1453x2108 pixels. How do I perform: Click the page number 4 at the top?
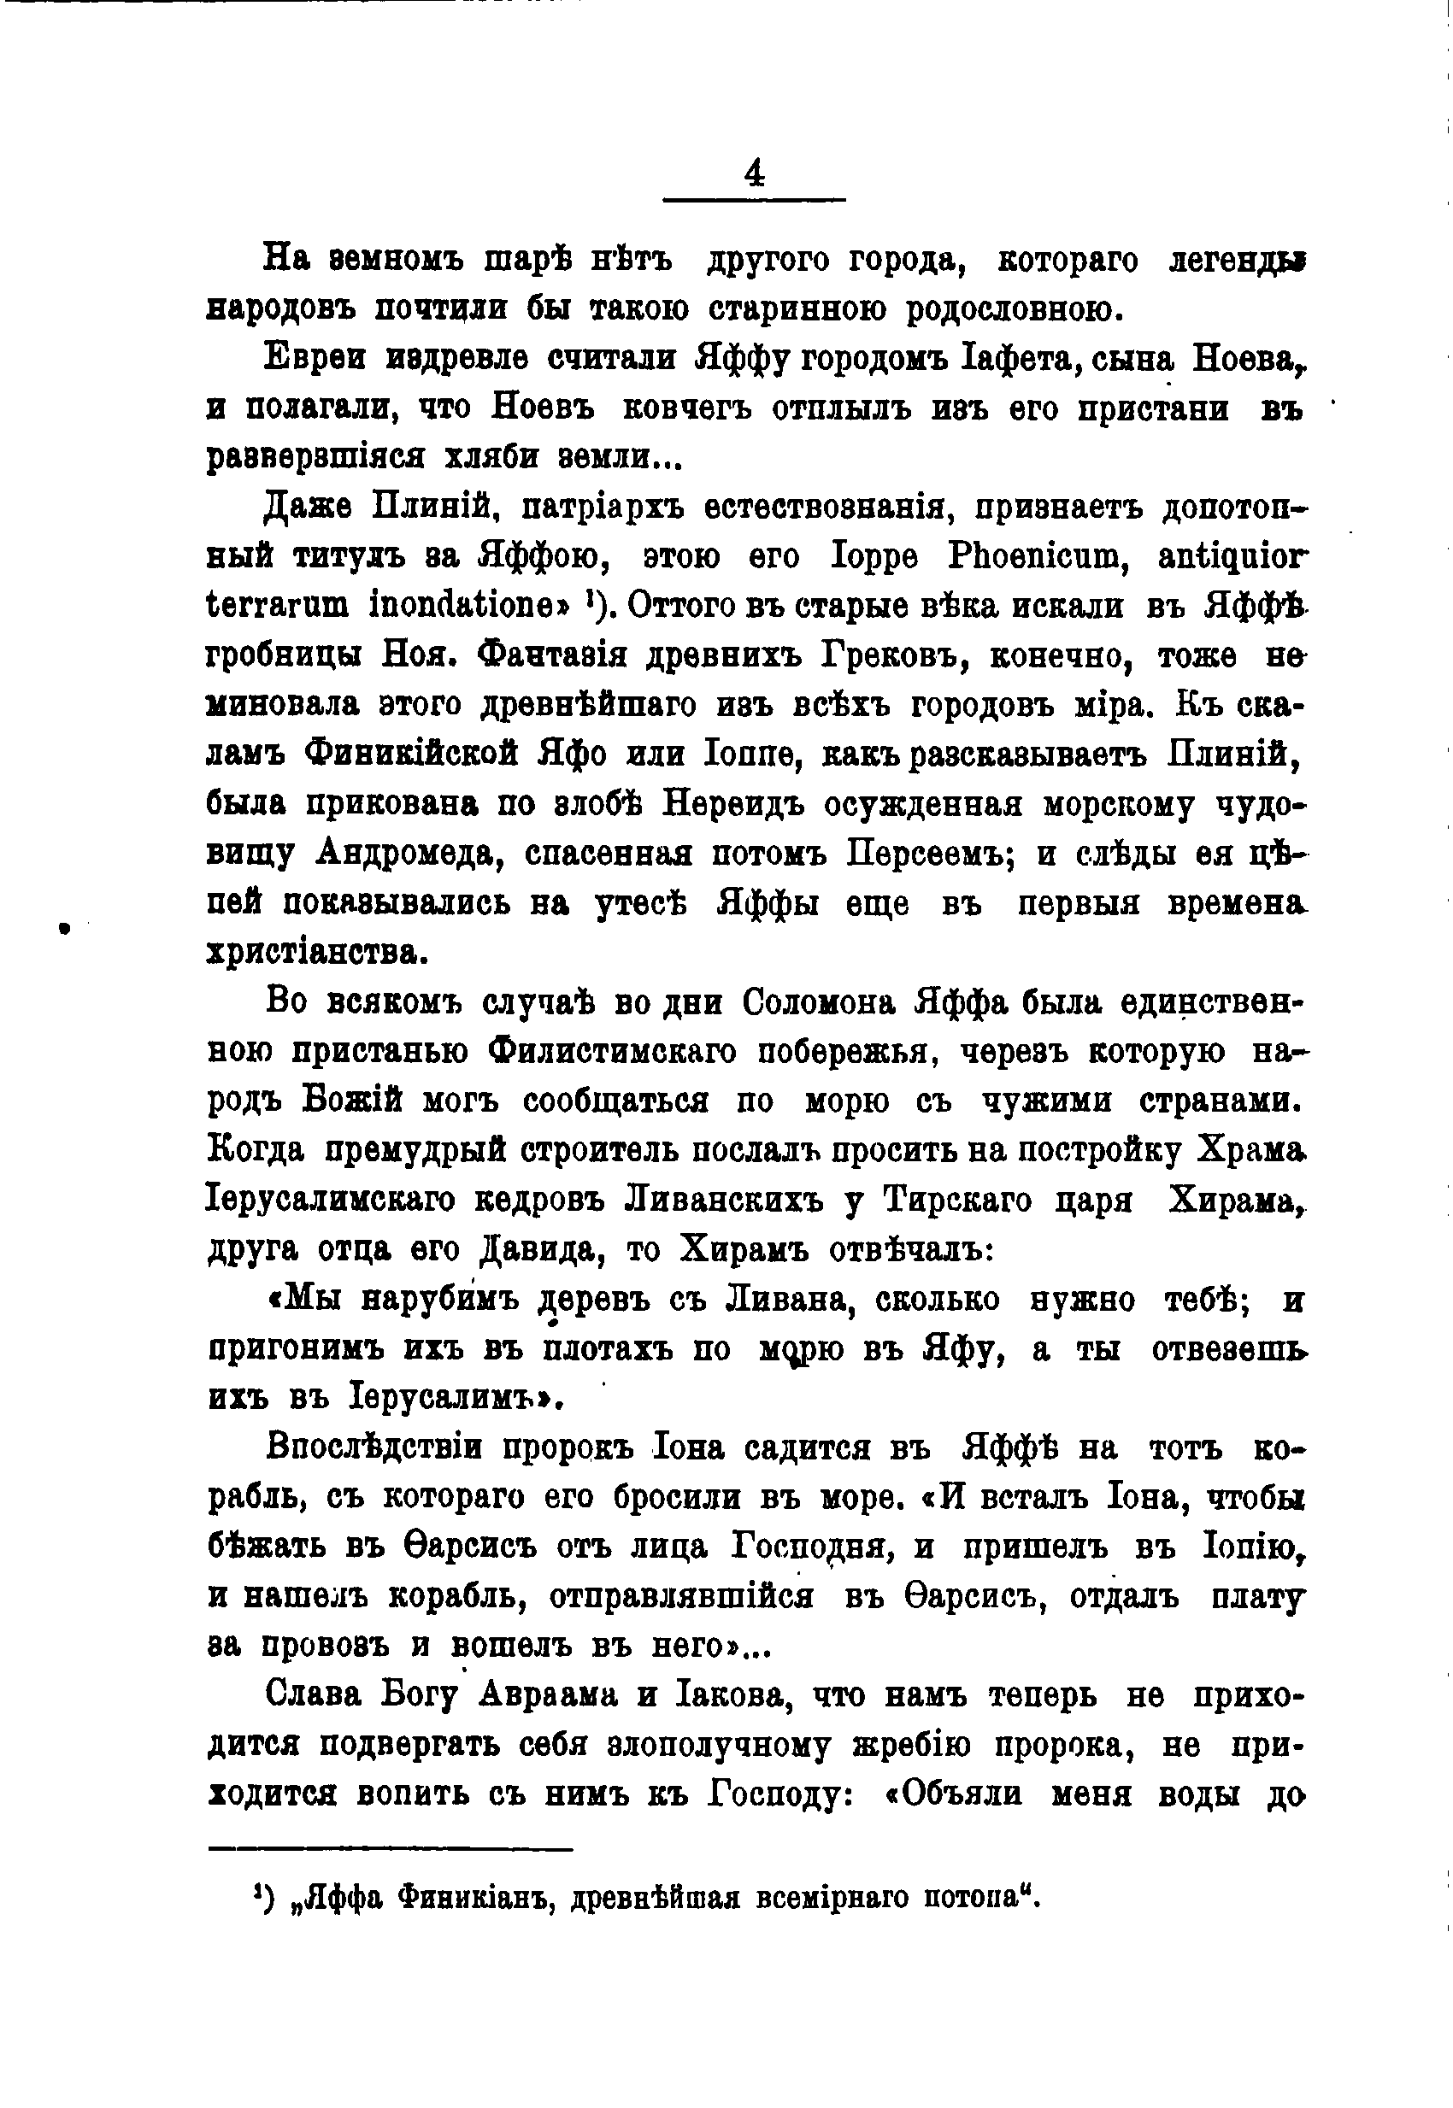click(755, 173)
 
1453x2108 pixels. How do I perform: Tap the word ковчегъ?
click(683, 408)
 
